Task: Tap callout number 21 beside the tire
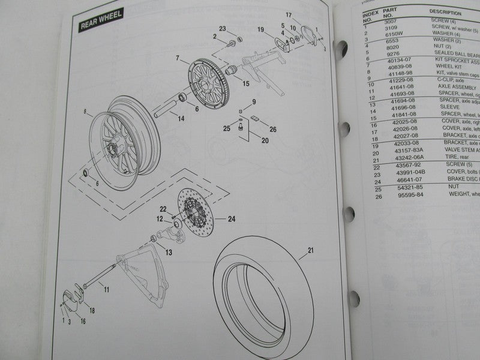pos(310,250)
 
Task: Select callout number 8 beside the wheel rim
pos(85,111)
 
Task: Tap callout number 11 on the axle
pos(106,290)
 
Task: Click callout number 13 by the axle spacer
pos(168,253)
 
